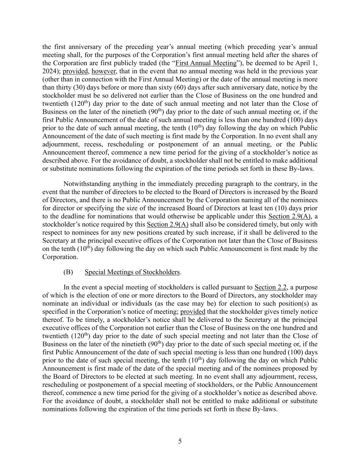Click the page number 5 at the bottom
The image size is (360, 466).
click(x=180, y=441)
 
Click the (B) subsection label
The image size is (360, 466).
click(x=68, y=272)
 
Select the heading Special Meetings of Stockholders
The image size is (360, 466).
click(x=132, y=272)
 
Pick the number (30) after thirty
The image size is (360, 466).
click(x=79, y=87)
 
